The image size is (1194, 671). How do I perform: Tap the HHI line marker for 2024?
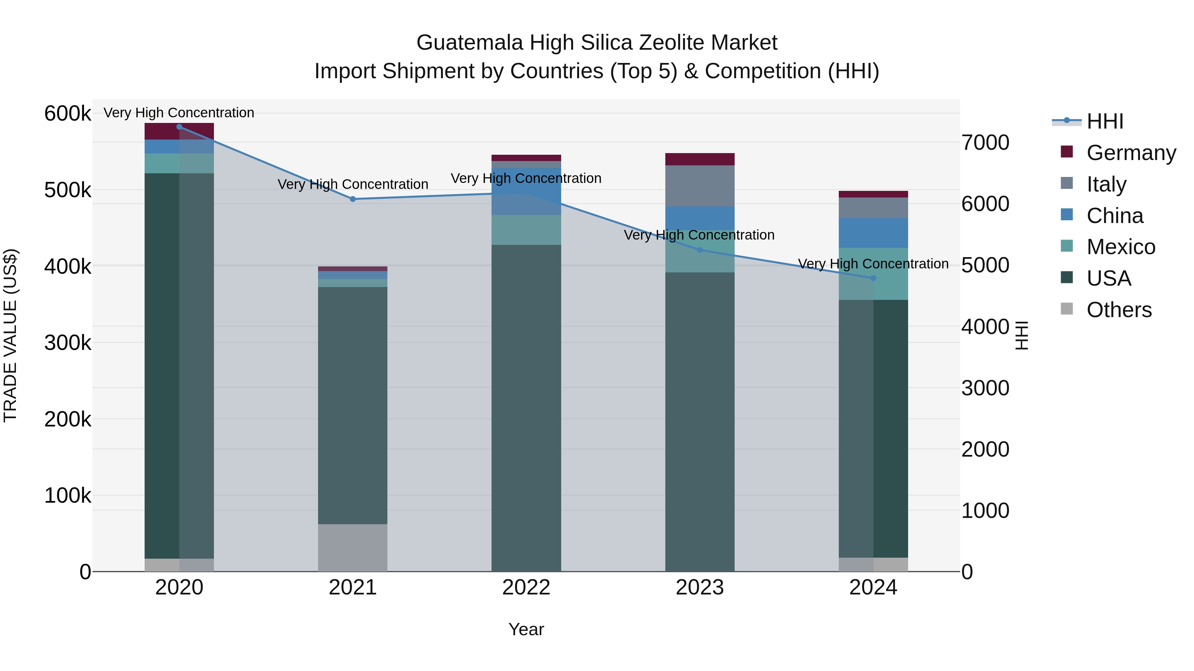[x=873, y=278]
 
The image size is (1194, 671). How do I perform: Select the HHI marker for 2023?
[x=700, y=250]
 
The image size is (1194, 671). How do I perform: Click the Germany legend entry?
[x=1131, y=153]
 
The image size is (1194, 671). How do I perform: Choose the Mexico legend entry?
[x=1120, y=247]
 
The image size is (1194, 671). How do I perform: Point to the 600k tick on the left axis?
[x=67, y=113]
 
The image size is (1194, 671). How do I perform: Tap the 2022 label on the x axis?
[x=526, y=587]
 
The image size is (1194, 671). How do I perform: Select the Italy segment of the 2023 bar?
[x=700, y=186]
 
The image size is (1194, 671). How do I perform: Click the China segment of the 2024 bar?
[x=873, y=233]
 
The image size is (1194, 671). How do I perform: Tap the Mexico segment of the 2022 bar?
[x=526, y=230]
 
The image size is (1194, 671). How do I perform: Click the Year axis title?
[x=526, y=629]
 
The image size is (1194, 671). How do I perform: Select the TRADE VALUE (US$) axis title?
[x=10, y=335]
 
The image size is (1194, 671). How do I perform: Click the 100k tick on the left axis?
[x=67, y=495]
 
